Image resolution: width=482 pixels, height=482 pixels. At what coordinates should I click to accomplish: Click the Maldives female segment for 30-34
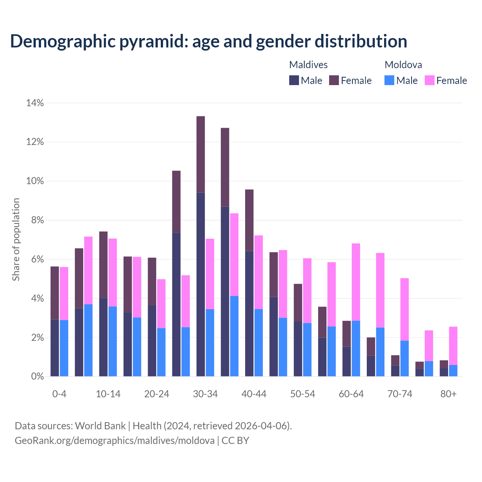tap(201, 154)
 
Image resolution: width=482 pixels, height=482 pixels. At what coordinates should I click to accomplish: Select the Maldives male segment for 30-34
tap(201, 284)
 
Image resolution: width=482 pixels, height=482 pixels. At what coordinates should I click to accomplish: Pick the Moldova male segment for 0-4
tap(64, 348)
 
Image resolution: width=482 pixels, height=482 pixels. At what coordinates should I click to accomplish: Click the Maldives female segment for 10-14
tap(103, 265)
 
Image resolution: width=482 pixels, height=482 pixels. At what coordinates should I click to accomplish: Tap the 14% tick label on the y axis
tap(35, 103)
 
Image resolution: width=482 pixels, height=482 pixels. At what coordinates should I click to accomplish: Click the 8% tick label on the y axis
tap(37, 220)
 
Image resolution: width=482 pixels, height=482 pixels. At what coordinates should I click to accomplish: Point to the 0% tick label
tap(37, 377)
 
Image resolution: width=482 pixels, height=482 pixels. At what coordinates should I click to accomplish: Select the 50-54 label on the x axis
tap(303, 394)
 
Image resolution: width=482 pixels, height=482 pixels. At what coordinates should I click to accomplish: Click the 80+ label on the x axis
tap(448, 394)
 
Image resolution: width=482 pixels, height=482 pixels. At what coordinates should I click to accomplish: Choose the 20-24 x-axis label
tap(157, 394)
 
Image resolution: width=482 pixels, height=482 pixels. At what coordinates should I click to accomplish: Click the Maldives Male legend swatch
tap(294, 80)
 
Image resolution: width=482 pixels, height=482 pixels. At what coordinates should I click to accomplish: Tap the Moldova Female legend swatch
tap(430, 80)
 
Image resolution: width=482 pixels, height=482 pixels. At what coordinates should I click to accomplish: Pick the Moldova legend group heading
tap(403, 65)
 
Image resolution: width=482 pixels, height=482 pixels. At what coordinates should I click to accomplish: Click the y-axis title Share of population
tap(16, 239)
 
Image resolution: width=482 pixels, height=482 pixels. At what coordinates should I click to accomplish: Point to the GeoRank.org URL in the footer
tap(114, 441)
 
